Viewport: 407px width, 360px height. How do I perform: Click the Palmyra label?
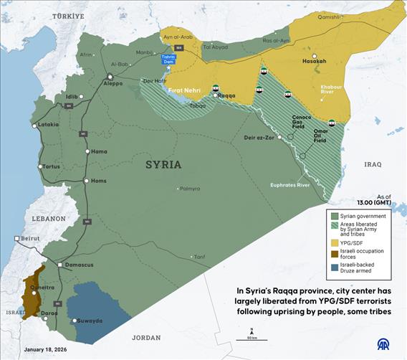point(189,189)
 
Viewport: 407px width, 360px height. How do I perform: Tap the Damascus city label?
point(79,265)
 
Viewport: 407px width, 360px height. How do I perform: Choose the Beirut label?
point(30,237)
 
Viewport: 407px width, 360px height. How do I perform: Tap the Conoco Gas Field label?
point(301,120)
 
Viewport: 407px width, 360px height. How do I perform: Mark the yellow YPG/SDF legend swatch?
point(334,242)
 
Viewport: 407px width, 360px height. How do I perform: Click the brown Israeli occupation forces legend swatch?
point(334,254)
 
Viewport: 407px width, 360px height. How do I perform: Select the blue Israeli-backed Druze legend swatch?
point(334,269)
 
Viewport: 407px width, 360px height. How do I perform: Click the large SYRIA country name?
point(163,164)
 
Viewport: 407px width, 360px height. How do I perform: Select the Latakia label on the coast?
point(48,124)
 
